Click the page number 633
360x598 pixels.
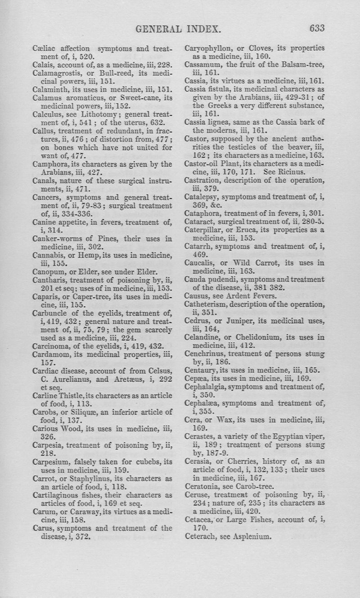(317, 28)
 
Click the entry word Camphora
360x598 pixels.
(50, 163)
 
